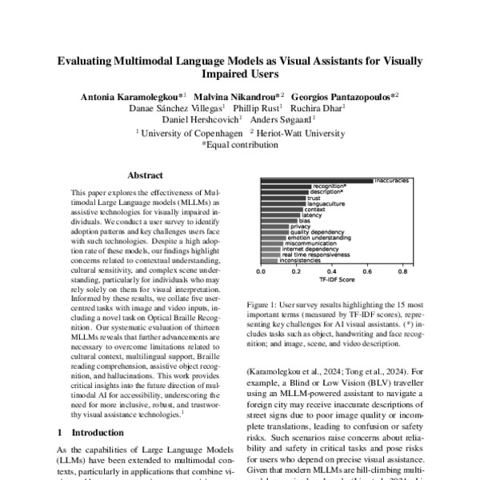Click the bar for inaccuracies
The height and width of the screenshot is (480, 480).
click(x=316, y=181)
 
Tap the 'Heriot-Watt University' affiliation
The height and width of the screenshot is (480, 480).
click(x=304, y=133)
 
